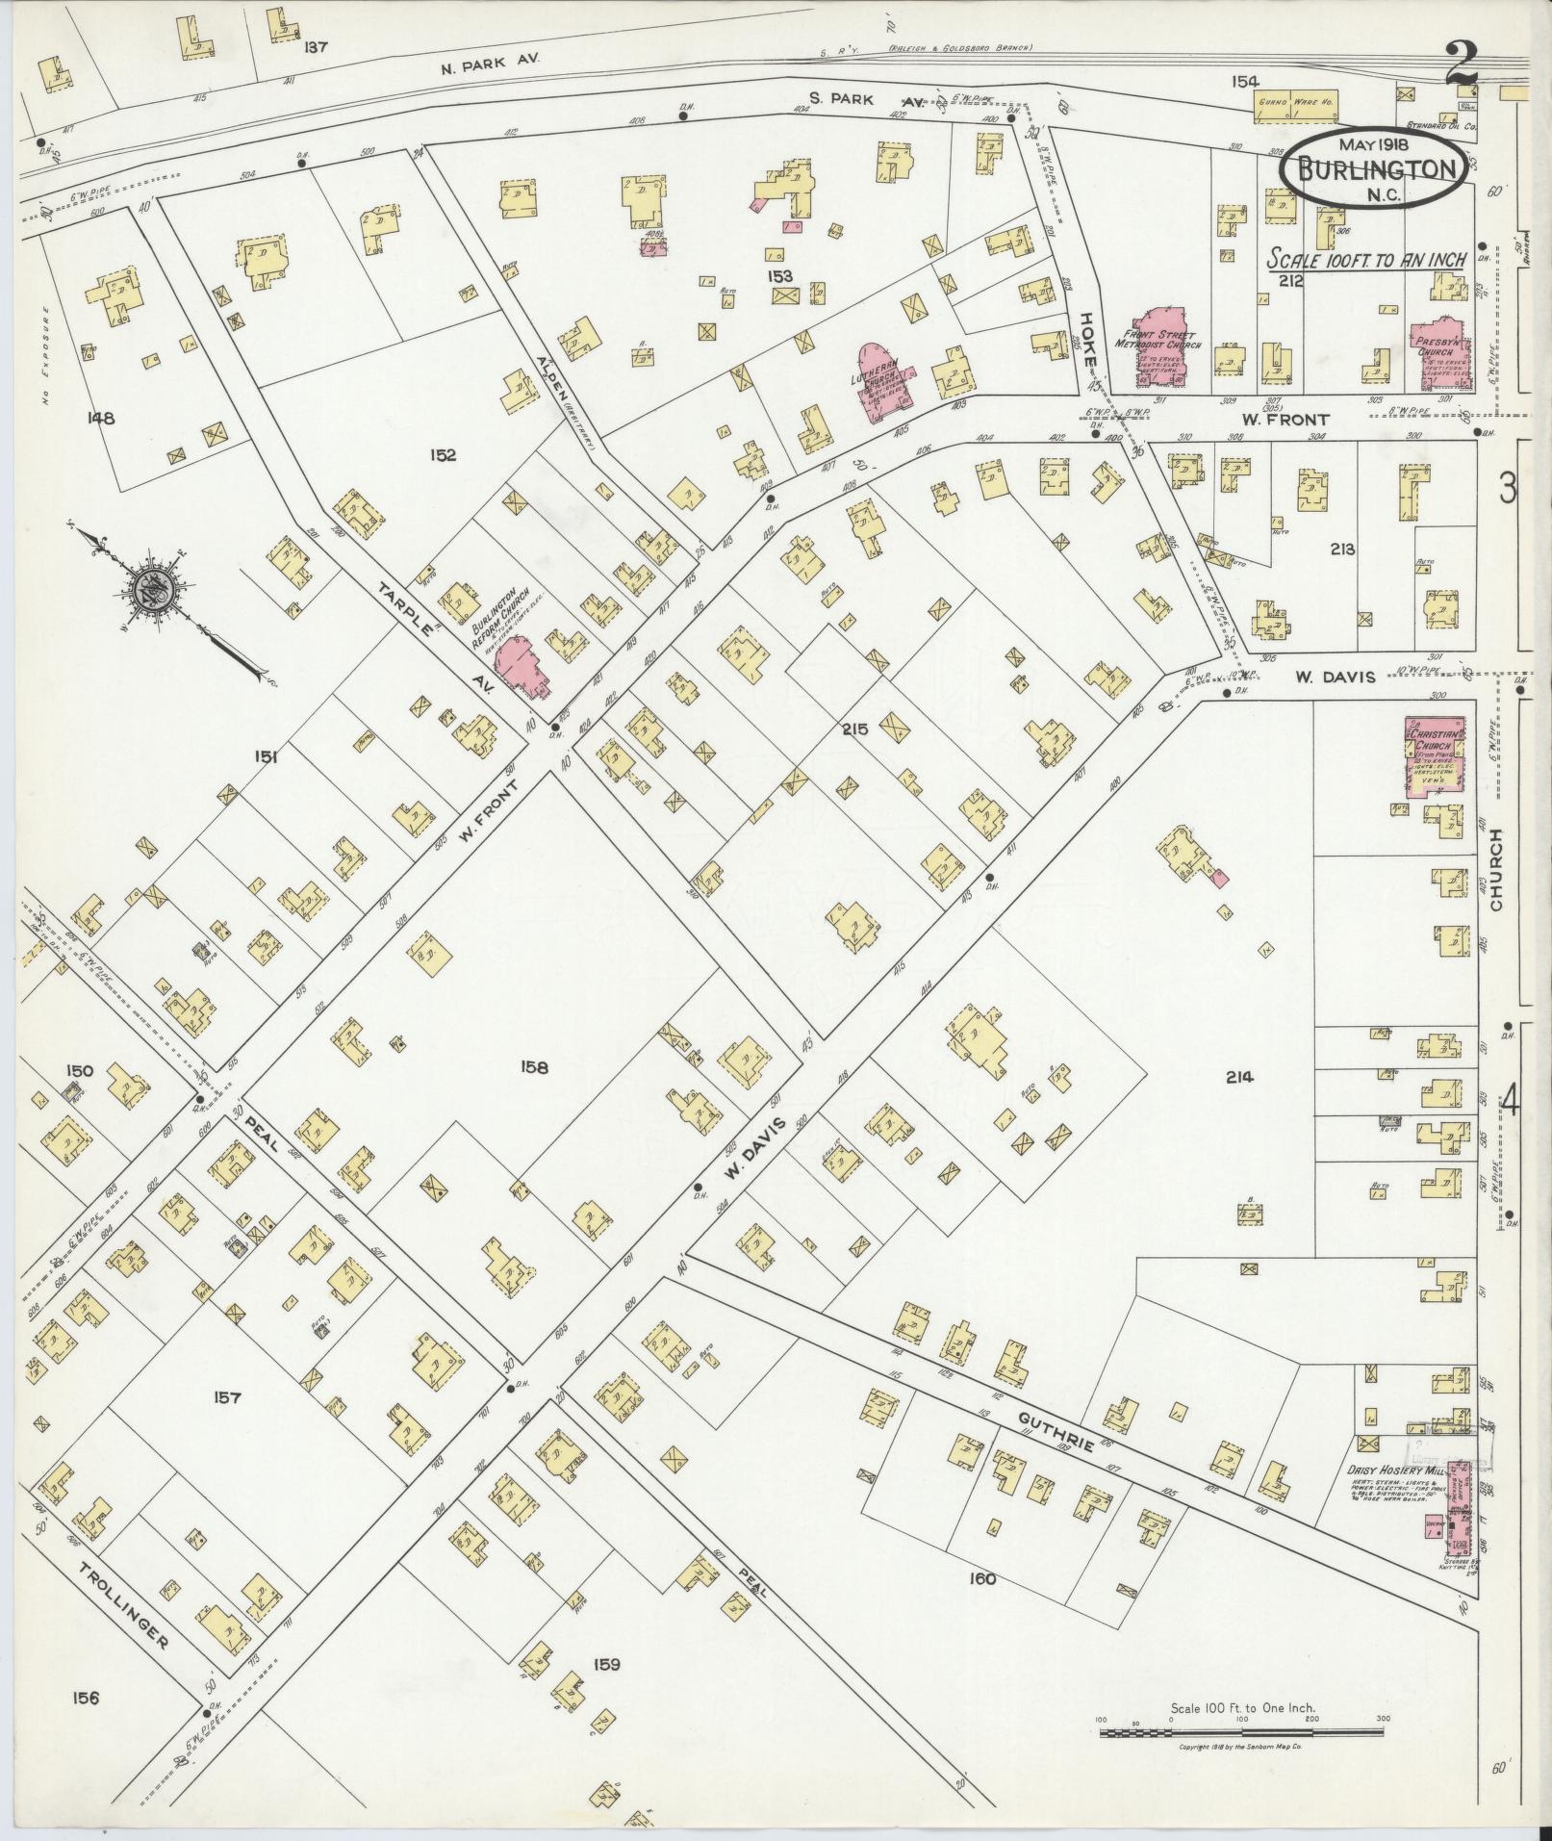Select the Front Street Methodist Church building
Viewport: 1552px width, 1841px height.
pos(1161,351)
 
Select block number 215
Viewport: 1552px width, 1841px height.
pos(853,729)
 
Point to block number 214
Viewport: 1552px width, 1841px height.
pos(1239,1077)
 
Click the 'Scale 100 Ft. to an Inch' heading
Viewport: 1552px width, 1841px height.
pos(1365,259)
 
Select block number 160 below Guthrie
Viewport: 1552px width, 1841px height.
pos(982,1578)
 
